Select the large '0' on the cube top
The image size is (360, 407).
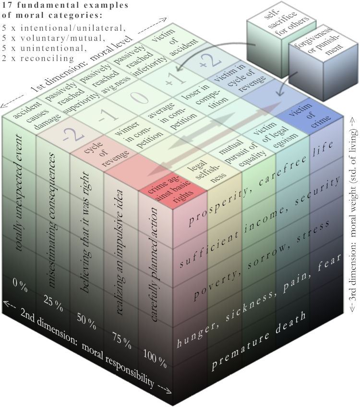(141, 97)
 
